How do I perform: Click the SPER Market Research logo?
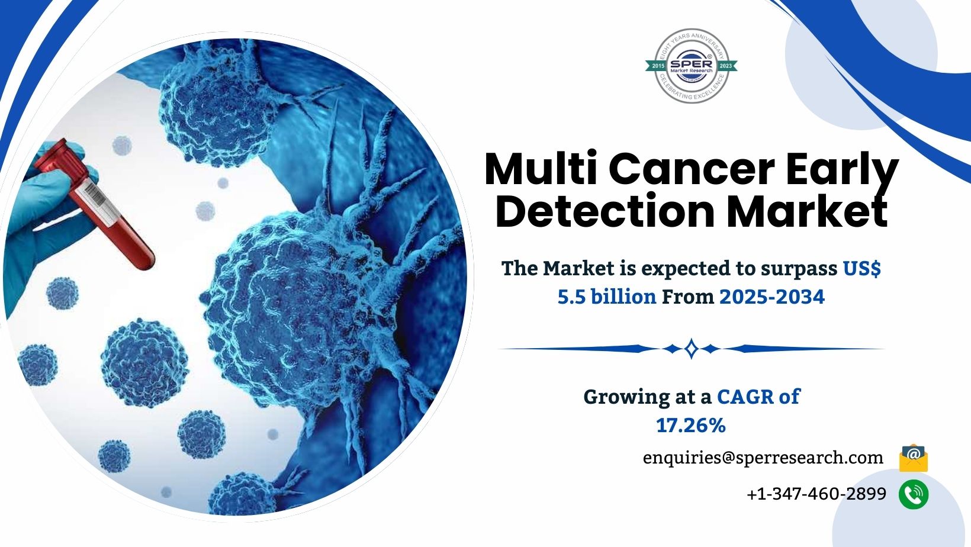click(x=691, y=66)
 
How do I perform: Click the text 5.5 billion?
click(x=606, y=297)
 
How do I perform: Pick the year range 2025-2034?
click(x=771, y=297)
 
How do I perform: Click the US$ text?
click(x=862, y=268)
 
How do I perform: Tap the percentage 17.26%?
click(x=690, y=425)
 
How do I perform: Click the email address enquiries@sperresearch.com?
click(x=763, y=458)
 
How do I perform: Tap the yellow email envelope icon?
click(x=913, y=458)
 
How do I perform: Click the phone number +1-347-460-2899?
click(x=816, y=494)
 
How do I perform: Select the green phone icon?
click(x=913, y=494)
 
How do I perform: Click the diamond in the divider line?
click(x=691, y=349)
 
